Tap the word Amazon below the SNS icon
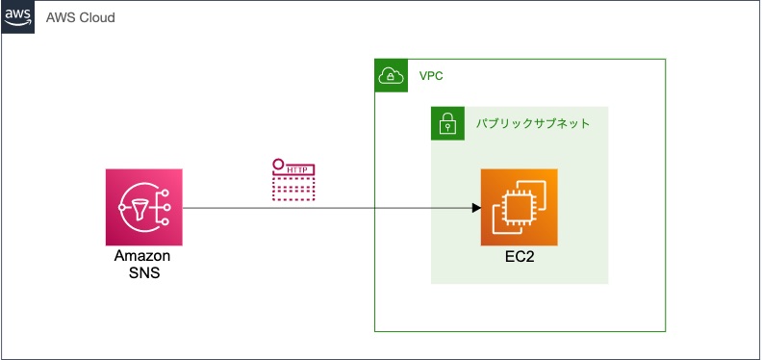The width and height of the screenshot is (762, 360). (142, 256)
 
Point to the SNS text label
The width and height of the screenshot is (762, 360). (142, 272)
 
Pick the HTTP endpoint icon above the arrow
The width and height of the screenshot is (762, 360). (294, 180)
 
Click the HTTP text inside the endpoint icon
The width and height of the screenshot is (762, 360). (298, 170)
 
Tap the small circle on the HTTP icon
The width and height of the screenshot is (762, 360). (277, 164)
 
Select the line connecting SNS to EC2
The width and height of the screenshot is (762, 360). (327, 208)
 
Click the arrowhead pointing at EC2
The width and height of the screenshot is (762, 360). (475, 208)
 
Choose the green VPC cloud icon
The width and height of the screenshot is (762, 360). (392, 76)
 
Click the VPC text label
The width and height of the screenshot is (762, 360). (431, 76)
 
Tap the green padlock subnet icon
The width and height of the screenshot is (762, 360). (447, 124)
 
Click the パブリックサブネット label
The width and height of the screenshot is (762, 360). (533, 124)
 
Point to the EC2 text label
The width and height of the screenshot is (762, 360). (520, 258)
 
